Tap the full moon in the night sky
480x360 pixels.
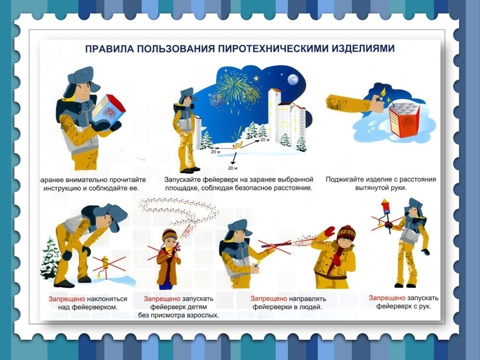click(292, 79)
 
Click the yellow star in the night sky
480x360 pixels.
click(256, 78)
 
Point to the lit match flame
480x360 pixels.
click(383, 91)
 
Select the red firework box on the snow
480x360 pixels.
click(403, 119)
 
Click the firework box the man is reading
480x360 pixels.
click(108, 108)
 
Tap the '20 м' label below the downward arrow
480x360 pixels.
click(232, 168)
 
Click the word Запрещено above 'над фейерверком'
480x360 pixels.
click(66, 299)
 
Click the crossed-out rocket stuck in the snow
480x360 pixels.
click(105, 265)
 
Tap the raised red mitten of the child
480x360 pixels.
click(329, 231)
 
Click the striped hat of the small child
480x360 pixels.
click(169, 234)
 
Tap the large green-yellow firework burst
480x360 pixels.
click(233, 87)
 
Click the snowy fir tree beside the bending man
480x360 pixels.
click(50, 258)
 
